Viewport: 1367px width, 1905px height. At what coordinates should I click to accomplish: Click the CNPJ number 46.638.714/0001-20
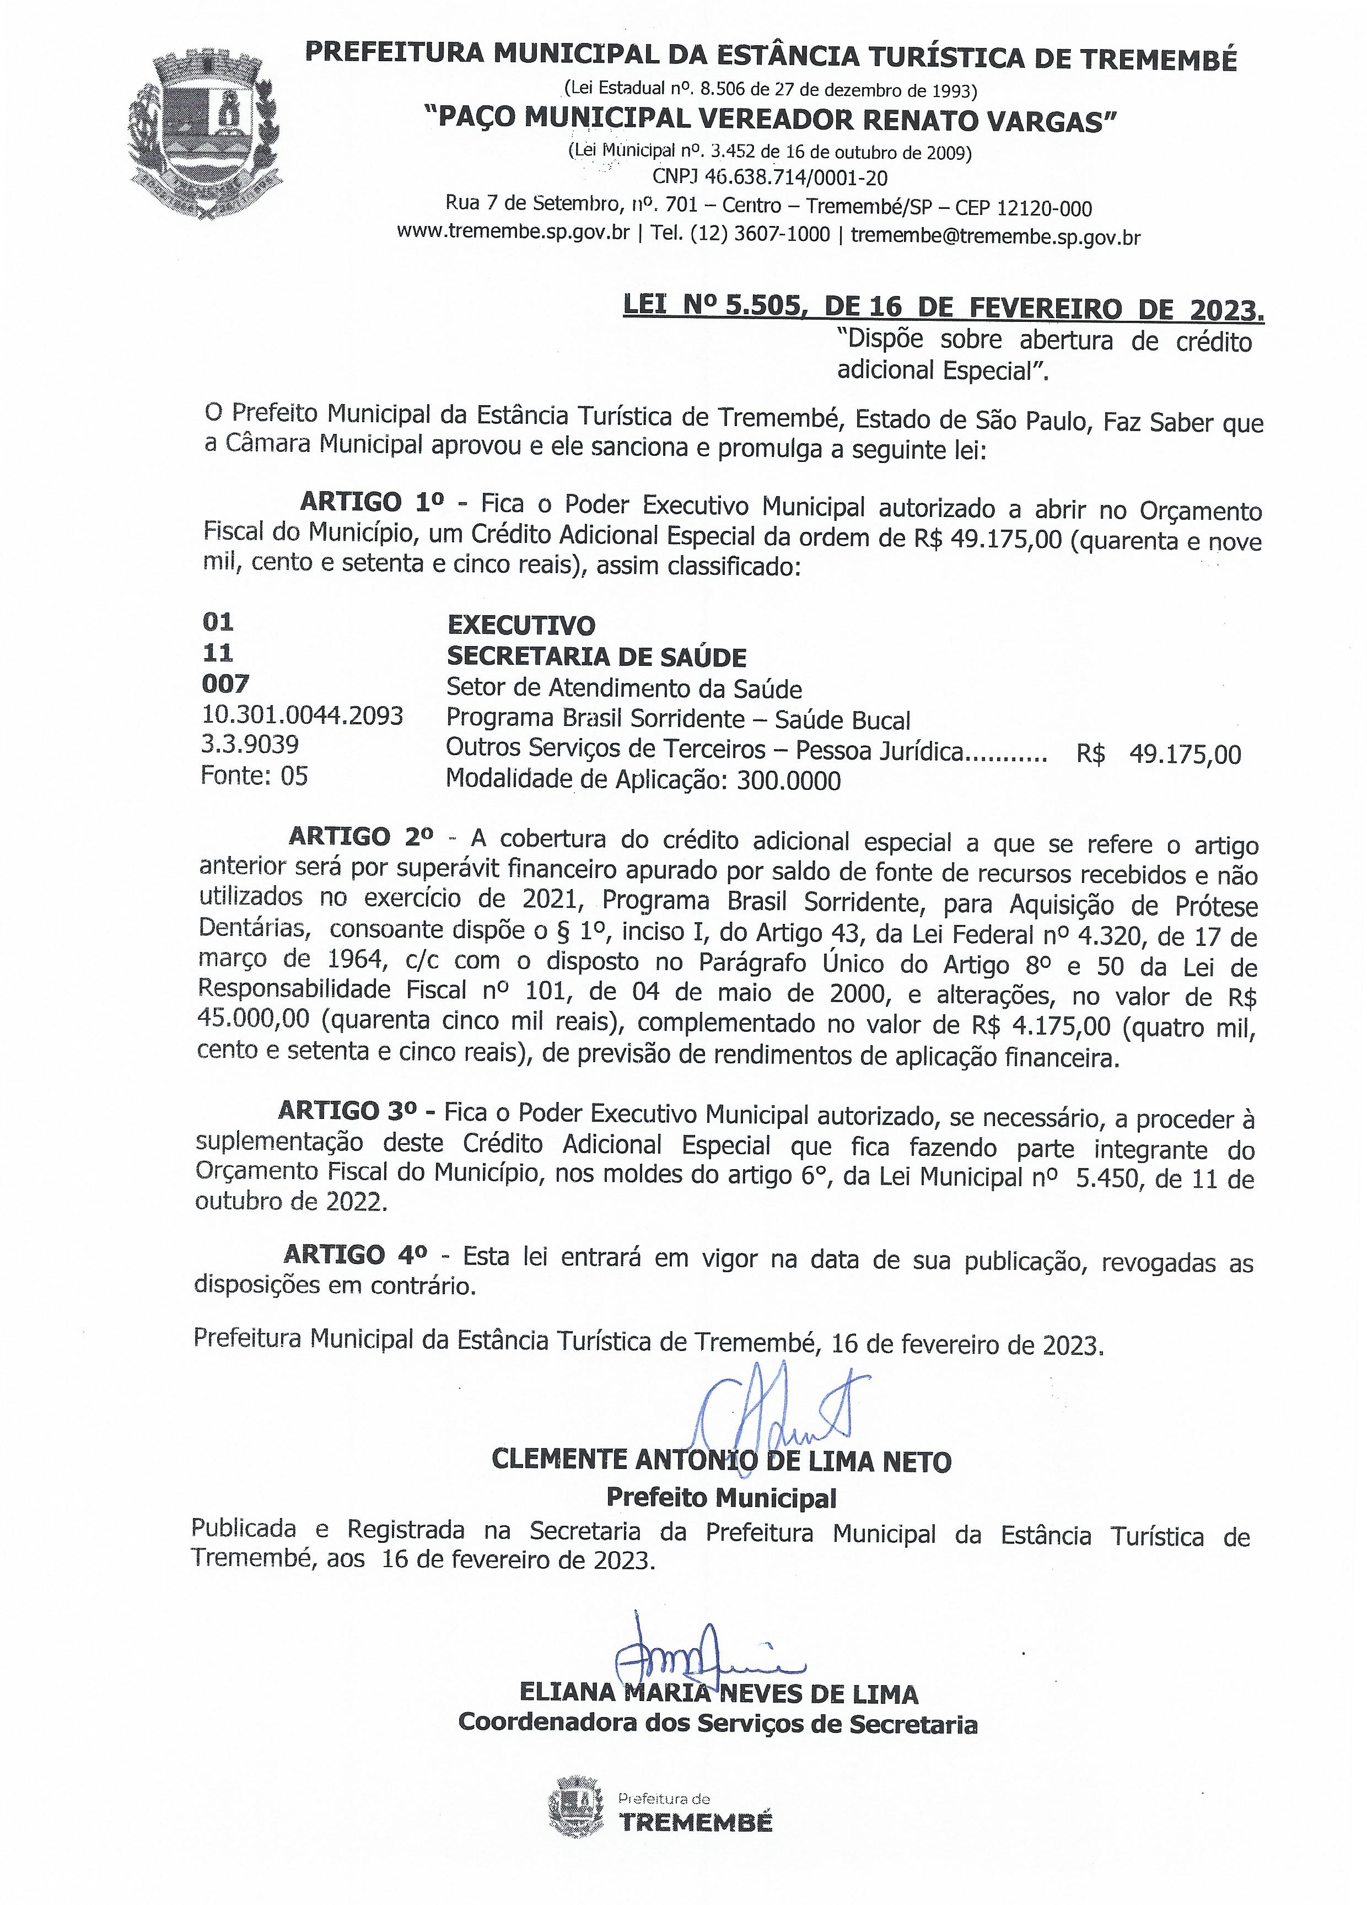769,177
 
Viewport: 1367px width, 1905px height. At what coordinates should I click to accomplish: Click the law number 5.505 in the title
762,308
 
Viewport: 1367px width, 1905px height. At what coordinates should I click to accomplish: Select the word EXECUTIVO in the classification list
520,625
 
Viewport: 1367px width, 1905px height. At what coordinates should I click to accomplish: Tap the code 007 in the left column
225,684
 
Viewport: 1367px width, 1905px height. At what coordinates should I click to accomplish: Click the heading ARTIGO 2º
361,837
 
